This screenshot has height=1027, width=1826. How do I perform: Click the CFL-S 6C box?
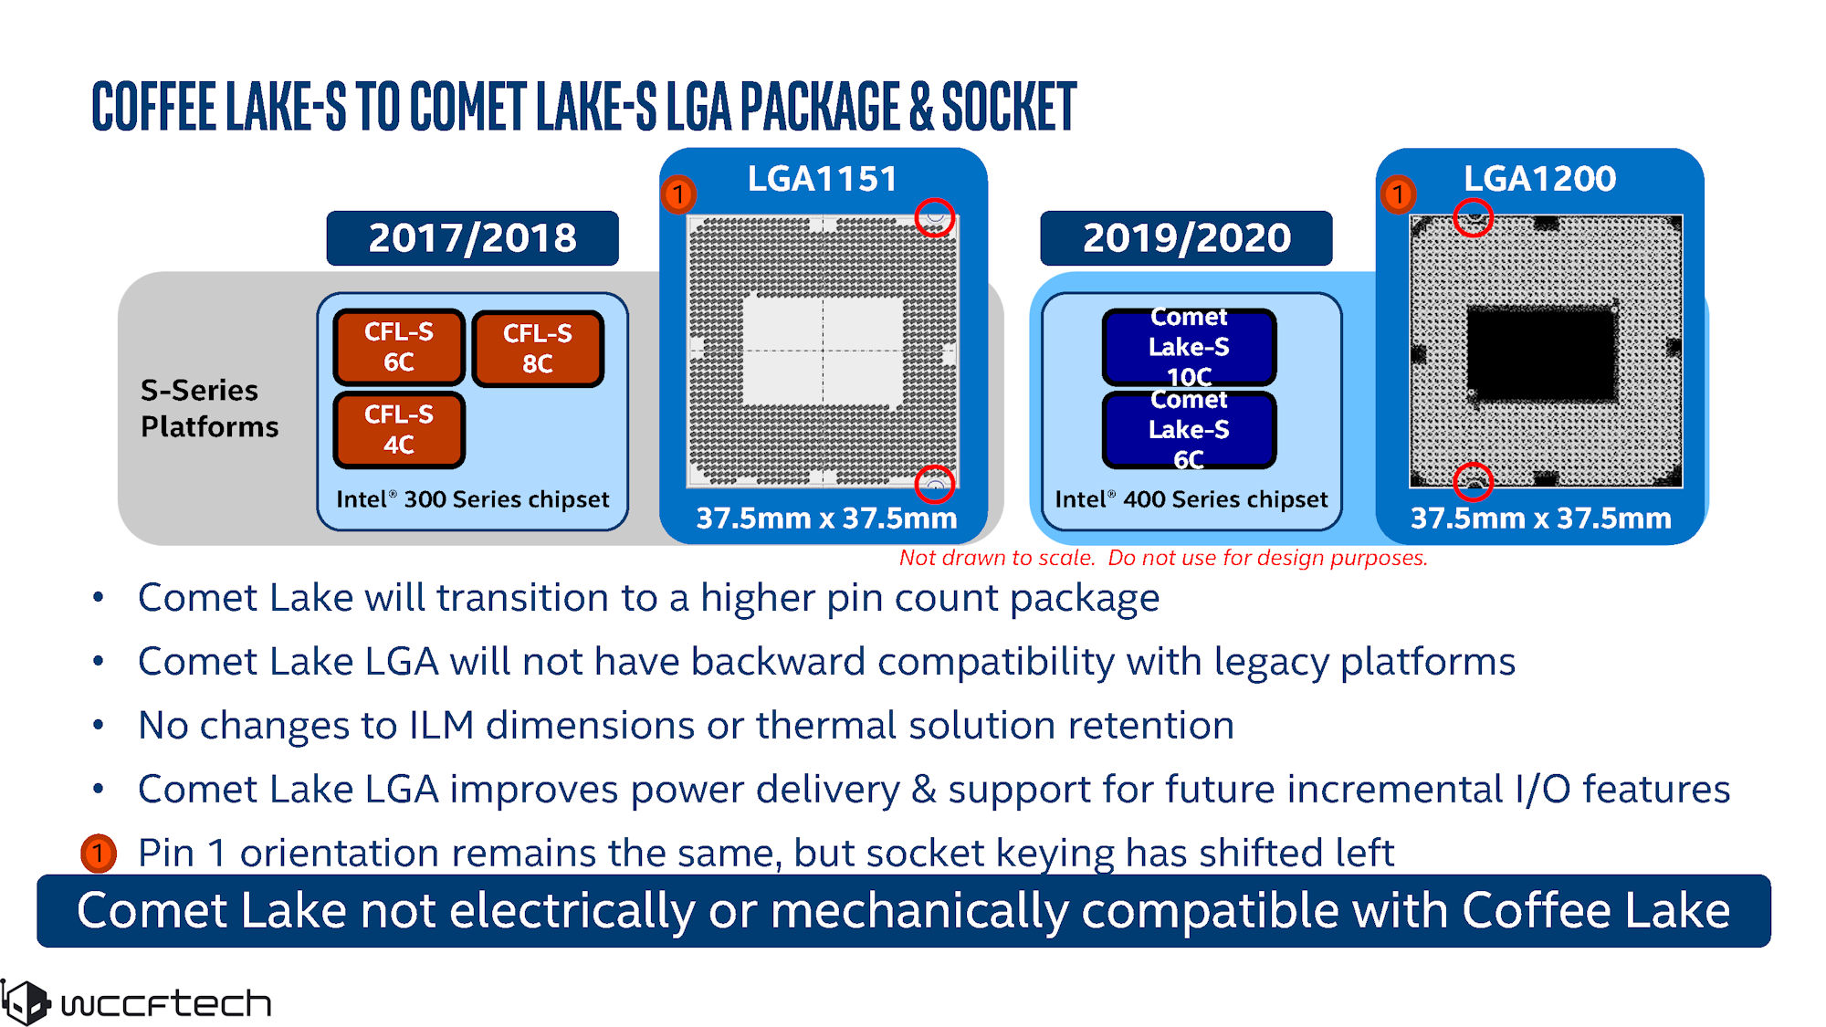click(399, 347)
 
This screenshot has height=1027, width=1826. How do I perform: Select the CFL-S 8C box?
click(538, 349)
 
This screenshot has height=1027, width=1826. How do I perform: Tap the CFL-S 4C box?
click(399, 429)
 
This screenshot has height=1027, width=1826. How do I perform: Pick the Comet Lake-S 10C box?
click(1189, 347)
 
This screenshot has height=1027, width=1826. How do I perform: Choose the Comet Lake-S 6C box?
click(1189, 429)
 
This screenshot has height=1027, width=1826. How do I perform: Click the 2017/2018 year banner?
click(472, 238)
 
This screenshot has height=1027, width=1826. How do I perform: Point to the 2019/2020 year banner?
click(1186, 238)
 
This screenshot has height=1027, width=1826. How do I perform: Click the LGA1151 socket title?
click(823, 179)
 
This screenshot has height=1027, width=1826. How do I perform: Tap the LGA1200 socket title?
click(1539, 179)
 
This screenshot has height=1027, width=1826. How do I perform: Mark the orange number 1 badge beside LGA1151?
click(678, 194)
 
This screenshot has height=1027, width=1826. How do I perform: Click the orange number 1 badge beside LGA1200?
click(1397, 194)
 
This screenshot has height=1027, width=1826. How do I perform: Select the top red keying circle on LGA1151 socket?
click(934, 217)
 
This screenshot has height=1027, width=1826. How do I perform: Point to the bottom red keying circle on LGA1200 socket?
click(1473, 482)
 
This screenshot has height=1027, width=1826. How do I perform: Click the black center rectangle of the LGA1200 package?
click(1540, 354)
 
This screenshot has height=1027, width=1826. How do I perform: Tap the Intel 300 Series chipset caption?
click(472, 499)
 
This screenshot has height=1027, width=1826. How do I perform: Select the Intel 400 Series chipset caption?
click(1191, 499)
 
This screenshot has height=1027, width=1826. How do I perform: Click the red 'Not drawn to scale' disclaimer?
click(1162, 558)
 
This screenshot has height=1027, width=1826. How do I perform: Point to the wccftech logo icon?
click(25, 1002)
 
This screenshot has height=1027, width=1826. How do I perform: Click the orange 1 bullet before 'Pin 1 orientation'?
click(98, 854)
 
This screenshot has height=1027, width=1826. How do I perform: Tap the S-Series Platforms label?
click(209, 408)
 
